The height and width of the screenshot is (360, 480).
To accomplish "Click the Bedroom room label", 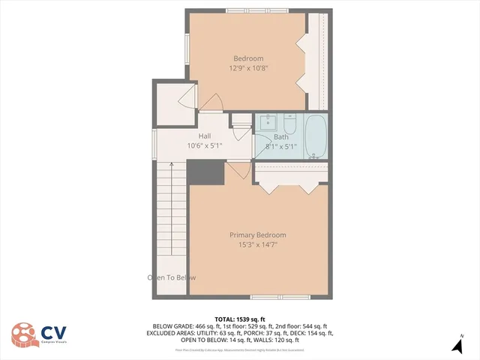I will coord(248,58).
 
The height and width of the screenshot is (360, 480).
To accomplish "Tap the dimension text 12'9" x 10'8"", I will coord(248,68).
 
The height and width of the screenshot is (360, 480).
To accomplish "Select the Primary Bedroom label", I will coord(257,235).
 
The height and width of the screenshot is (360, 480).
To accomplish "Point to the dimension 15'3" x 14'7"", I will coord(257,244).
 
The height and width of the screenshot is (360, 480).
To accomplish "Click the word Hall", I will coord(204,136).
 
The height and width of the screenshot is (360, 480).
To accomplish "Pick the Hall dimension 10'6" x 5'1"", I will coord(204,145).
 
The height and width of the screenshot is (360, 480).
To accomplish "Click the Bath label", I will coord(281,137).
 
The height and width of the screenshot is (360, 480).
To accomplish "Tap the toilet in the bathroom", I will coord(292,121).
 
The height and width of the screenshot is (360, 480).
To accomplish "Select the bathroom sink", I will coord(268,122).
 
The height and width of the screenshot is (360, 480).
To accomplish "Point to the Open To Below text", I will coord(172,277).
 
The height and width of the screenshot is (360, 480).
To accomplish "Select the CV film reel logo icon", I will coord(25,334).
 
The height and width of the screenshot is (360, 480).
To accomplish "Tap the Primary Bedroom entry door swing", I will coord(238,173).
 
